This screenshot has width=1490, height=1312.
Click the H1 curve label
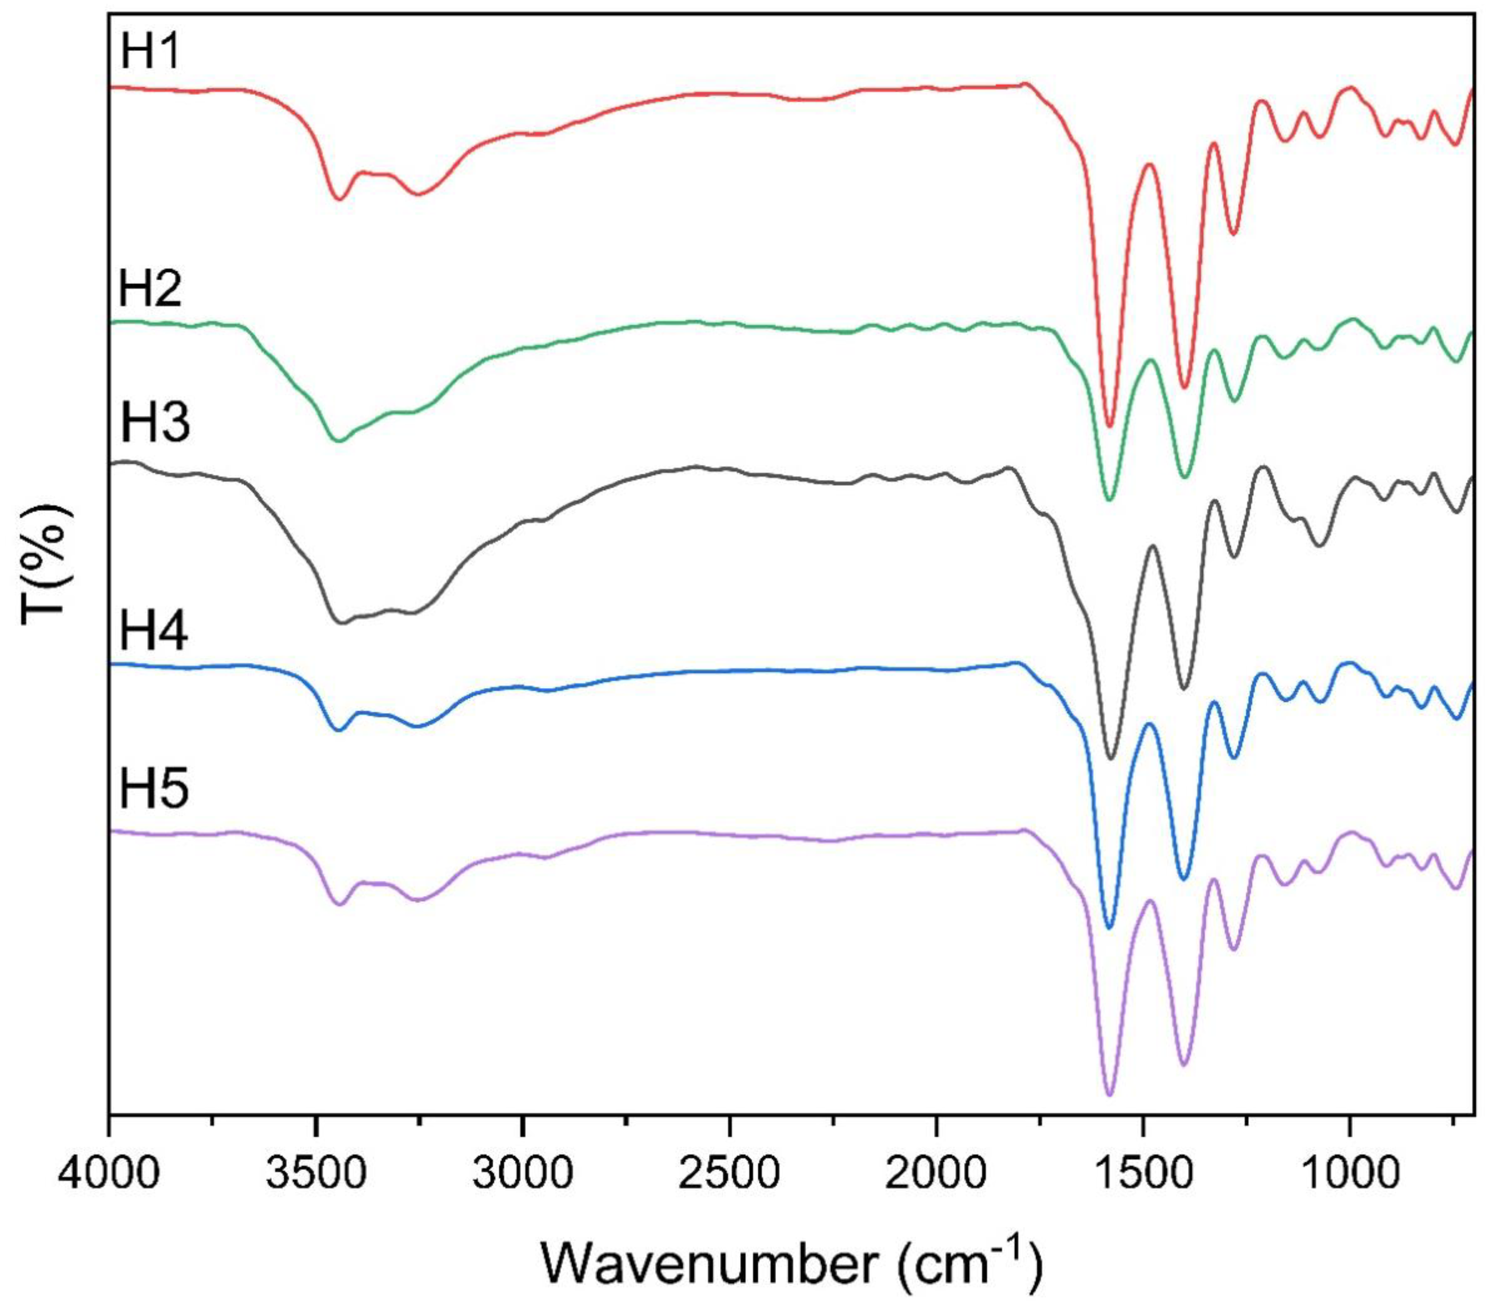coord(150,53)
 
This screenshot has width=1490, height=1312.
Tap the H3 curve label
coord(154,424)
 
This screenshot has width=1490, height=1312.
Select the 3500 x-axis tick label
coord(315,1175)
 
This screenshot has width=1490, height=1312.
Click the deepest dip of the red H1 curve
coord(1110,426)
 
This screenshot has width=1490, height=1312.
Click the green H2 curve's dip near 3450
coord(337,440)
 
